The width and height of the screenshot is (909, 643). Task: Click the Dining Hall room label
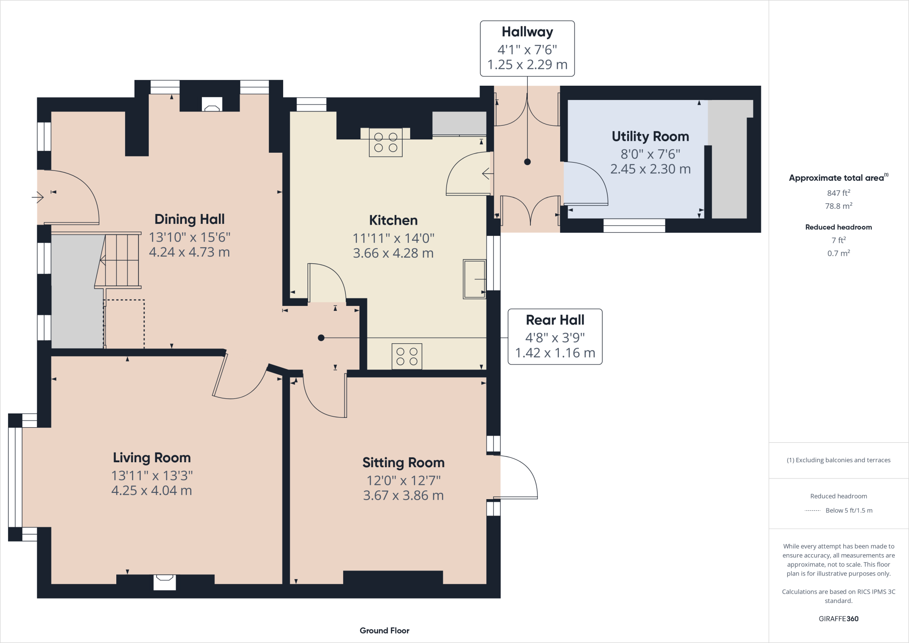tap(190, 219)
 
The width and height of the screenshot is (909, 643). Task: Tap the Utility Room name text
tap(650, 136)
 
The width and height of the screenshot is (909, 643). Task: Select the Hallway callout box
tap(527, 48)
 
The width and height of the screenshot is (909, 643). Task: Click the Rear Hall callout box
tap(555, 337)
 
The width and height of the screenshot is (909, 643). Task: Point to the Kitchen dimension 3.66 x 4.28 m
tap(393, 253)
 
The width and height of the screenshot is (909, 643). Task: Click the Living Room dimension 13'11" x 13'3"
tap(152, 476)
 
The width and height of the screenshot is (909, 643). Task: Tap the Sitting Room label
tap(403, 463)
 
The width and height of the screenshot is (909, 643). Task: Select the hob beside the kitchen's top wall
tap(386, 142)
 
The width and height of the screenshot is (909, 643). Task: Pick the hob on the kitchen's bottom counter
tap(407, 356)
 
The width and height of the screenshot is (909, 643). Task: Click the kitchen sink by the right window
tap(474, 279)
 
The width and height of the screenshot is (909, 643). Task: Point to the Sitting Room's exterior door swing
tap(517, 477)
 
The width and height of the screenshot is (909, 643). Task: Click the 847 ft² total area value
tap(838, 193)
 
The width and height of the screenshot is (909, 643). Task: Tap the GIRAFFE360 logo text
tap(838, 619)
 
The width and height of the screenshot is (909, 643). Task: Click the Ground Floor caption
tap(384, 631)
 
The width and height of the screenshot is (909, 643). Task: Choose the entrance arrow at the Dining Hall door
tap(38, 196)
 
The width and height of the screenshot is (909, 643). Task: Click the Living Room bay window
tap(15, 477)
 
